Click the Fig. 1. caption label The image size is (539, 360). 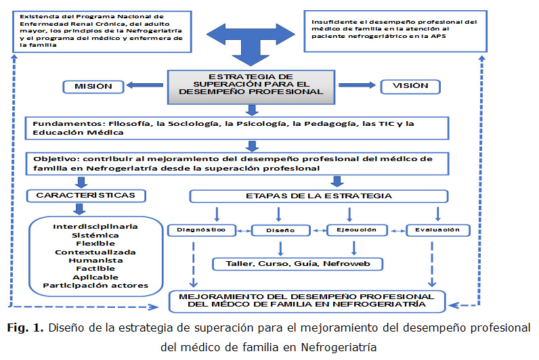[27, 328]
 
